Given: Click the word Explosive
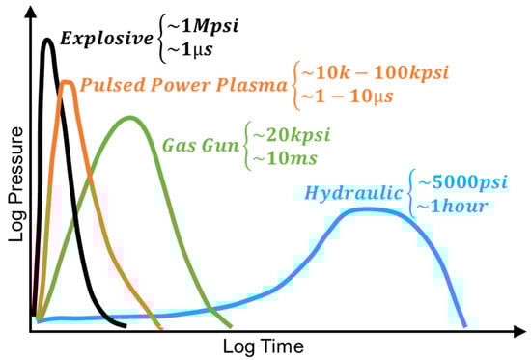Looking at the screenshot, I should [103, 40].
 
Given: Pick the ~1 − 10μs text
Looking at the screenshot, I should [340, 97].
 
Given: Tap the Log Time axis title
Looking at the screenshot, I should [263, 345].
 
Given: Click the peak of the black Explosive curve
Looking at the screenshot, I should [47, 40].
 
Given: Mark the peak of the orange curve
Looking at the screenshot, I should [67, 83].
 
